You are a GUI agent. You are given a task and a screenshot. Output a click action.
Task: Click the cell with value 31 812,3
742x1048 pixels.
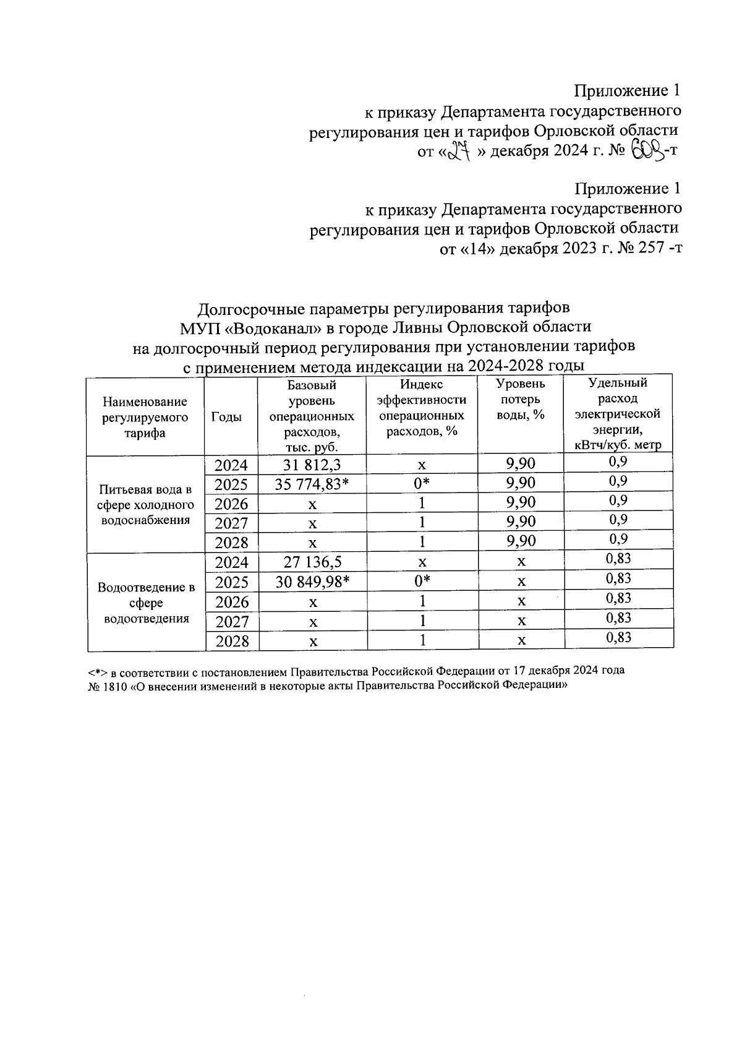tap(312, 465)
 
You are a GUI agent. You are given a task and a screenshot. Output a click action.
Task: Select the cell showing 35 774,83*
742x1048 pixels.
tap(312, 484)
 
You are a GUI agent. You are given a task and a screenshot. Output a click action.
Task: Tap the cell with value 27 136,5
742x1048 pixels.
tap(312, 562)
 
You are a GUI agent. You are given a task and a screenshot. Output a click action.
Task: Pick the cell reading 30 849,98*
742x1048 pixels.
tap(312, 582)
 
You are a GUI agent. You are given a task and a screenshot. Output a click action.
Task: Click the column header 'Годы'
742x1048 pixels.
tap(226, 417)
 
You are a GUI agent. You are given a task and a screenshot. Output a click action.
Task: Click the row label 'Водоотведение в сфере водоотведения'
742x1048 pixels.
tap(147, 602)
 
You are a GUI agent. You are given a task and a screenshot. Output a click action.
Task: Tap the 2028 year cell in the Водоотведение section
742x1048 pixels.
tap(231, 641)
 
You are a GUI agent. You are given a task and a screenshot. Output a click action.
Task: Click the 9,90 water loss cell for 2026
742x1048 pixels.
tap(521, 502)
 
